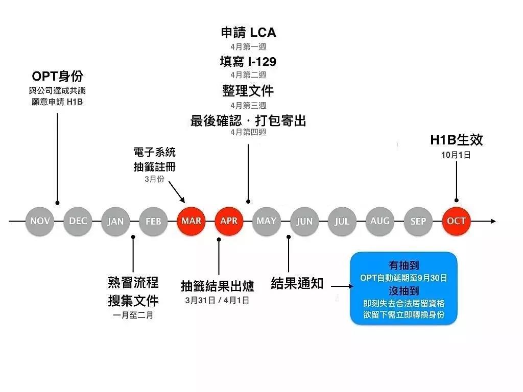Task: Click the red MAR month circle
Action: coord(191,221)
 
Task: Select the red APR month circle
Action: coord(228,221)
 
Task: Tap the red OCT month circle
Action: coord(456,221)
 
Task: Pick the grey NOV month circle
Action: coord(40,221)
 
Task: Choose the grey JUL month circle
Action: coord(342,221)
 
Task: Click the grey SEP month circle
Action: coord(418,221)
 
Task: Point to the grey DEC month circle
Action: coord(78,221)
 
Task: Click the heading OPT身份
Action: coord(57,77)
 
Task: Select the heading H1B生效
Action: coord(456,140)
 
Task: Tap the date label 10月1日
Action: coord(456,155)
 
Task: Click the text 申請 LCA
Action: coord(248,33)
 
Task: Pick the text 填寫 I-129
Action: coord(248,62)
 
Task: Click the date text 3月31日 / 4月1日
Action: coord(218,301)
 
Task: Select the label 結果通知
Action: coord(297,284)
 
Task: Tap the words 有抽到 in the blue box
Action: coord(403,265)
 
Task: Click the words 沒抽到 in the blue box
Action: coord(403,291)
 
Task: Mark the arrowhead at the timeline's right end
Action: coord(492,221)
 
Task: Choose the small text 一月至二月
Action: coord(133,315)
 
